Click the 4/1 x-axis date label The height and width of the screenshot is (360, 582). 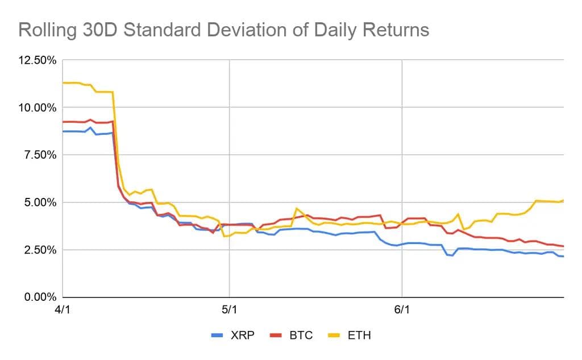click(63, 310)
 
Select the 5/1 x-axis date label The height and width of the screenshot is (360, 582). click(229, 310)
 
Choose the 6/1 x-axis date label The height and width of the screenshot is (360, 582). click(402, 310)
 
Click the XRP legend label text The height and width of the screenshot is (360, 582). click(243, 336)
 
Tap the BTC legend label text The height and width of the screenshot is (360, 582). click(301, 336)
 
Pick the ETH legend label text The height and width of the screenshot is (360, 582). click(359, 336)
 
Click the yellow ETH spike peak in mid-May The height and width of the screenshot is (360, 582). click(296, 209)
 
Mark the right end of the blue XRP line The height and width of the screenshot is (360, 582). click(563, 256)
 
